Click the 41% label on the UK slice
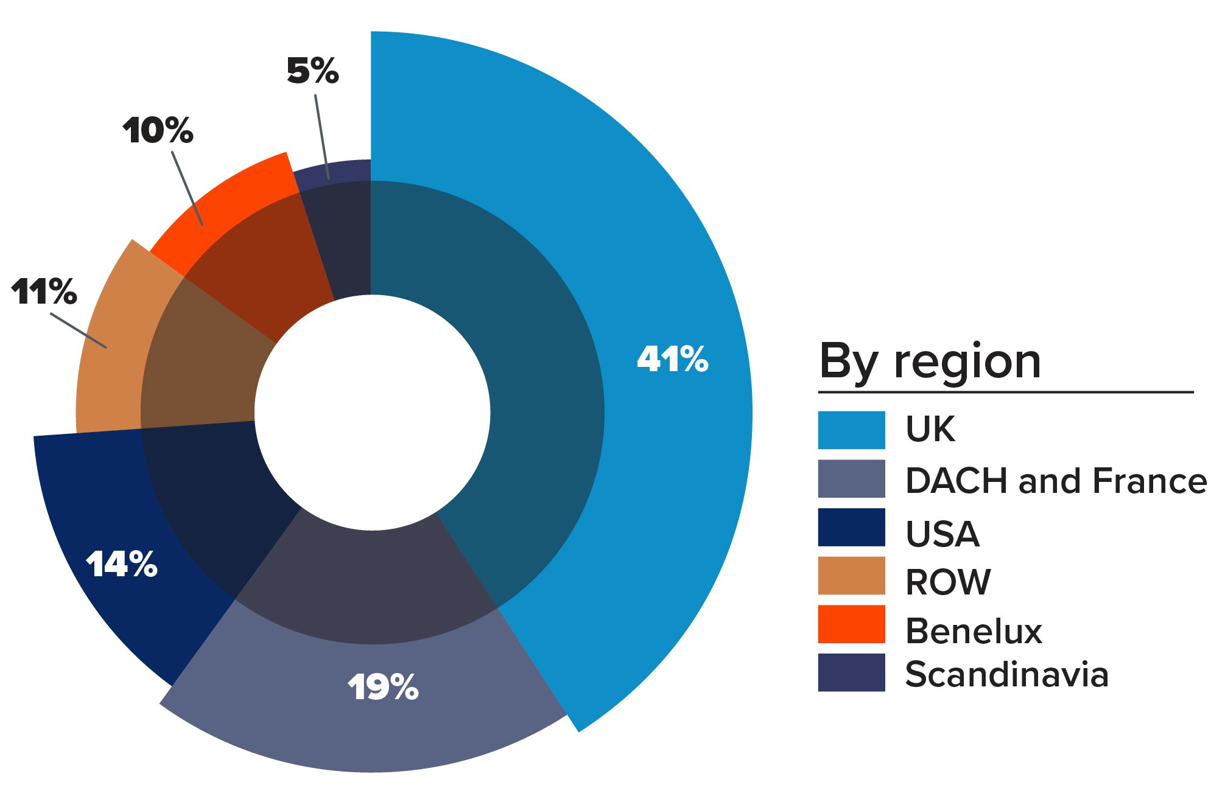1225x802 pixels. coord(672,359)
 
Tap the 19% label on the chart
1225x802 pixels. coord(383,688)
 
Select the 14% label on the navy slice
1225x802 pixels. coord(122,564)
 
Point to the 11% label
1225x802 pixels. coord(44,291)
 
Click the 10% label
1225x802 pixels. coord(158,131)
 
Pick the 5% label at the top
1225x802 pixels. coord(312,71)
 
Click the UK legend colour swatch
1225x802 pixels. coord(851,430)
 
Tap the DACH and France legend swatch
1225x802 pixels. coord(851,479)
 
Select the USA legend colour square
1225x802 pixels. coord(851,528)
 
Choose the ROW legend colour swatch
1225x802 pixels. coord(851,576)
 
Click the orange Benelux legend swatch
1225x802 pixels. coord(851,624)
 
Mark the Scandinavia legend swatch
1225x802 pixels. coord(851,672)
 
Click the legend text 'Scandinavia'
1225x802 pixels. coord(1006,674)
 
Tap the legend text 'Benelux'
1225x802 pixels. coord(974,631)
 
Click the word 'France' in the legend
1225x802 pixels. coord(1150,481)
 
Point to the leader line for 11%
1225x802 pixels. coord(79,331)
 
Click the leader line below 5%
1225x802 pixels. coord(322,138)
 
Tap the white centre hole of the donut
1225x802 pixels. coord(372,413)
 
